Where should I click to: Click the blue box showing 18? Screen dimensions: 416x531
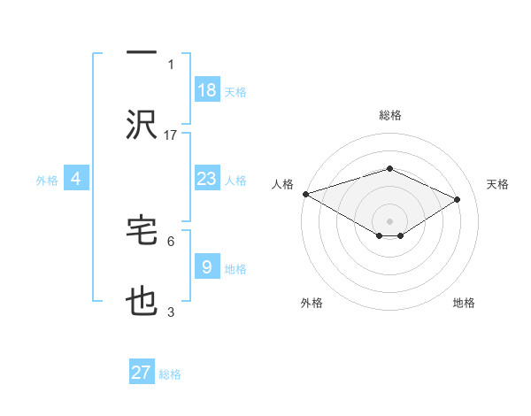point(207,90)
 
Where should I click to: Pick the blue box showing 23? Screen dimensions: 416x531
point(207,180)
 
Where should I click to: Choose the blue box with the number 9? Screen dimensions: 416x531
point(207,267)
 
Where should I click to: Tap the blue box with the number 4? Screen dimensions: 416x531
point(76,180)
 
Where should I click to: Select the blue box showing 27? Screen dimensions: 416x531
point(142,373)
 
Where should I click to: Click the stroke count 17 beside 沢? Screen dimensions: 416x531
point(171,135)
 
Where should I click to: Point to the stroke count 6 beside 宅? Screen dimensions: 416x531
point(171,240)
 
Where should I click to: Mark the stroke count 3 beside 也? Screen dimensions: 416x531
point(171,312)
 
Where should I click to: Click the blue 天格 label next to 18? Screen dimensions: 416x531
point(235,91)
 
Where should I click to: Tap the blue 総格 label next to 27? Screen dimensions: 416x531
point(170,374)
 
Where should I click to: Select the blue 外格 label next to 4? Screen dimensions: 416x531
point(47,181)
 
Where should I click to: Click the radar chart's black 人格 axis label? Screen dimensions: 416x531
point(282,184)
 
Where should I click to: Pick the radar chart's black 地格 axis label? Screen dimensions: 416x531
point(464,303)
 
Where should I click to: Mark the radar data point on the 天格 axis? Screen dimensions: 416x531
point(458,200)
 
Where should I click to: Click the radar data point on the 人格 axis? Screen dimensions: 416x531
point(305,194)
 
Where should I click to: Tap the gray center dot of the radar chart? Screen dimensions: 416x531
point(389,220)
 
